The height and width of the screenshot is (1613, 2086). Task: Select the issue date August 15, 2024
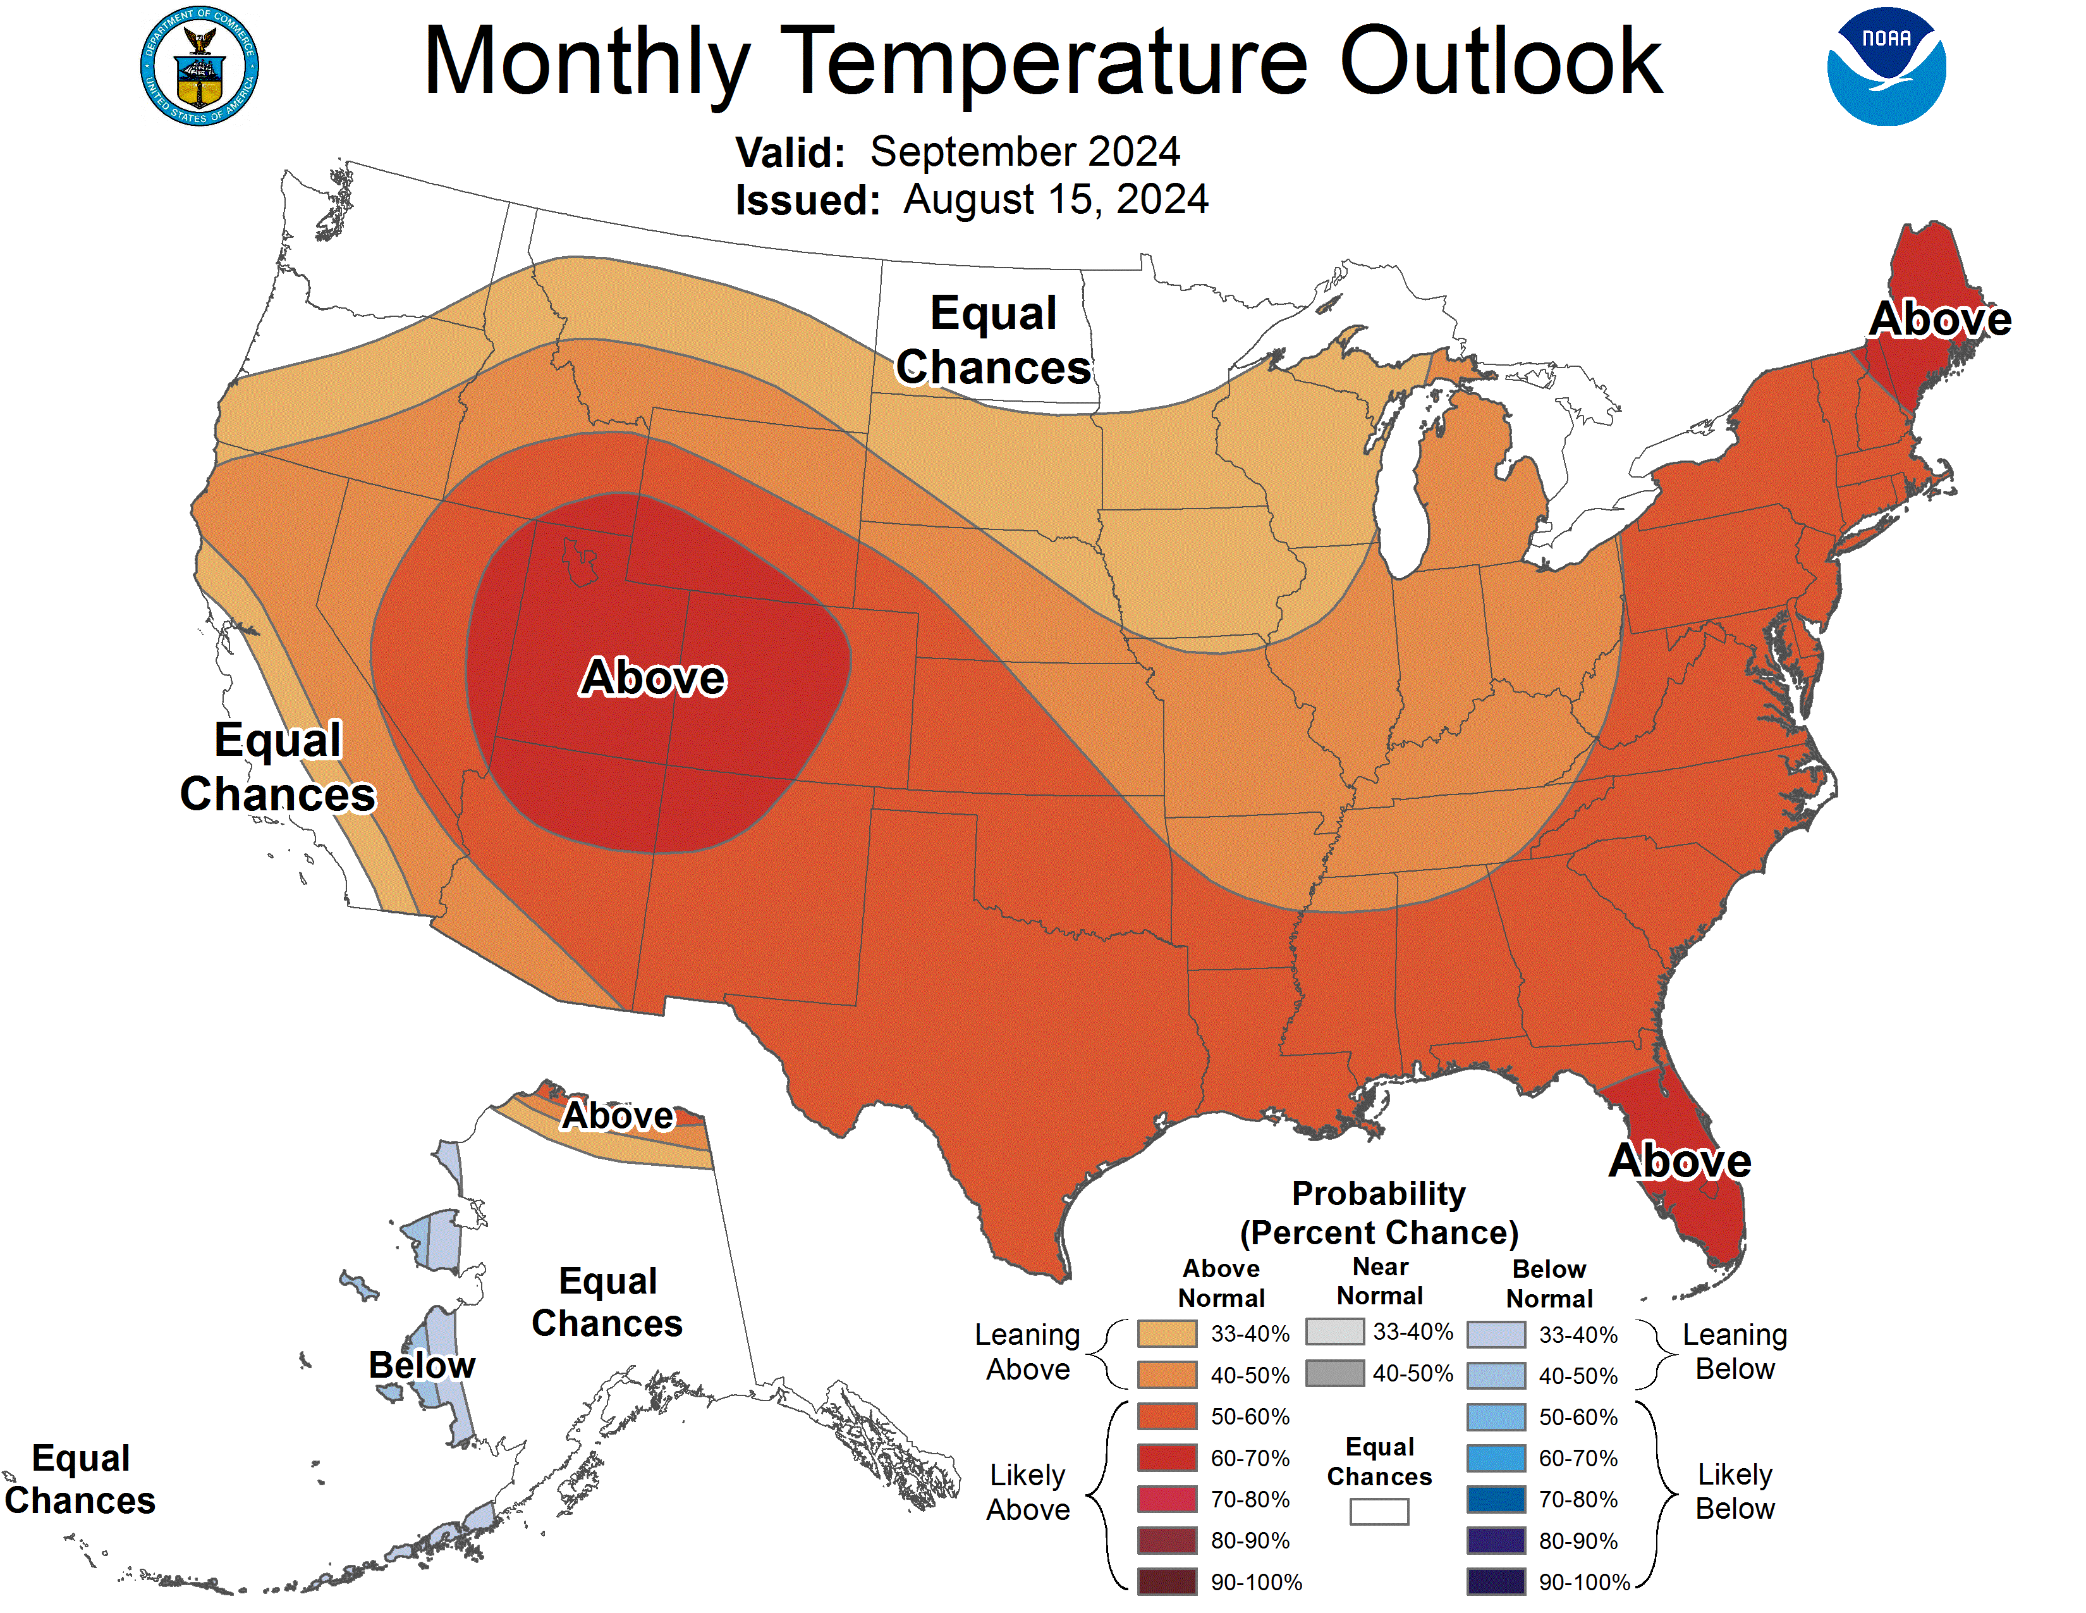(x=1056, y=200)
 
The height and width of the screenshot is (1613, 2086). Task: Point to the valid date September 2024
(x=1025, y=152)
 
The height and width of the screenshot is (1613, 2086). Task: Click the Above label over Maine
(x=1939, y=319)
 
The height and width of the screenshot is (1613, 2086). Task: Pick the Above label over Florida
(x=1680, y=1161)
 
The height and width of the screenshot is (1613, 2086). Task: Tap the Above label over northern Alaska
(x=618, y=1115)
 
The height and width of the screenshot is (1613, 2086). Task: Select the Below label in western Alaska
(x=421, y=1364)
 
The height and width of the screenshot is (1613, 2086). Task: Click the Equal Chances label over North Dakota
(x=993, y=340)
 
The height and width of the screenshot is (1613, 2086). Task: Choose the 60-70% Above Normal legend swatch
(x=1166, y=1457)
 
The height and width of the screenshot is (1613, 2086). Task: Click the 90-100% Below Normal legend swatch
(x=1496, y=1581)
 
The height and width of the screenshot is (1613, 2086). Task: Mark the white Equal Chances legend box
(x=1378, y=1511)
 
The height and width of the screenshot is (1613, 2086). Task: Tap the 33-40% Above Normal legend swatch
(x=1166, y=1333)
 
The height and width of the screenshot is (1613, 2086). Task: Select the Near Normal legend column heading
(x=1380, y=1282)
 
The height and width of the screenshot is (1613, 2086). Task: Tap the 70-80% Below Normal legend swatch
(x=1496, y=1499)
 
